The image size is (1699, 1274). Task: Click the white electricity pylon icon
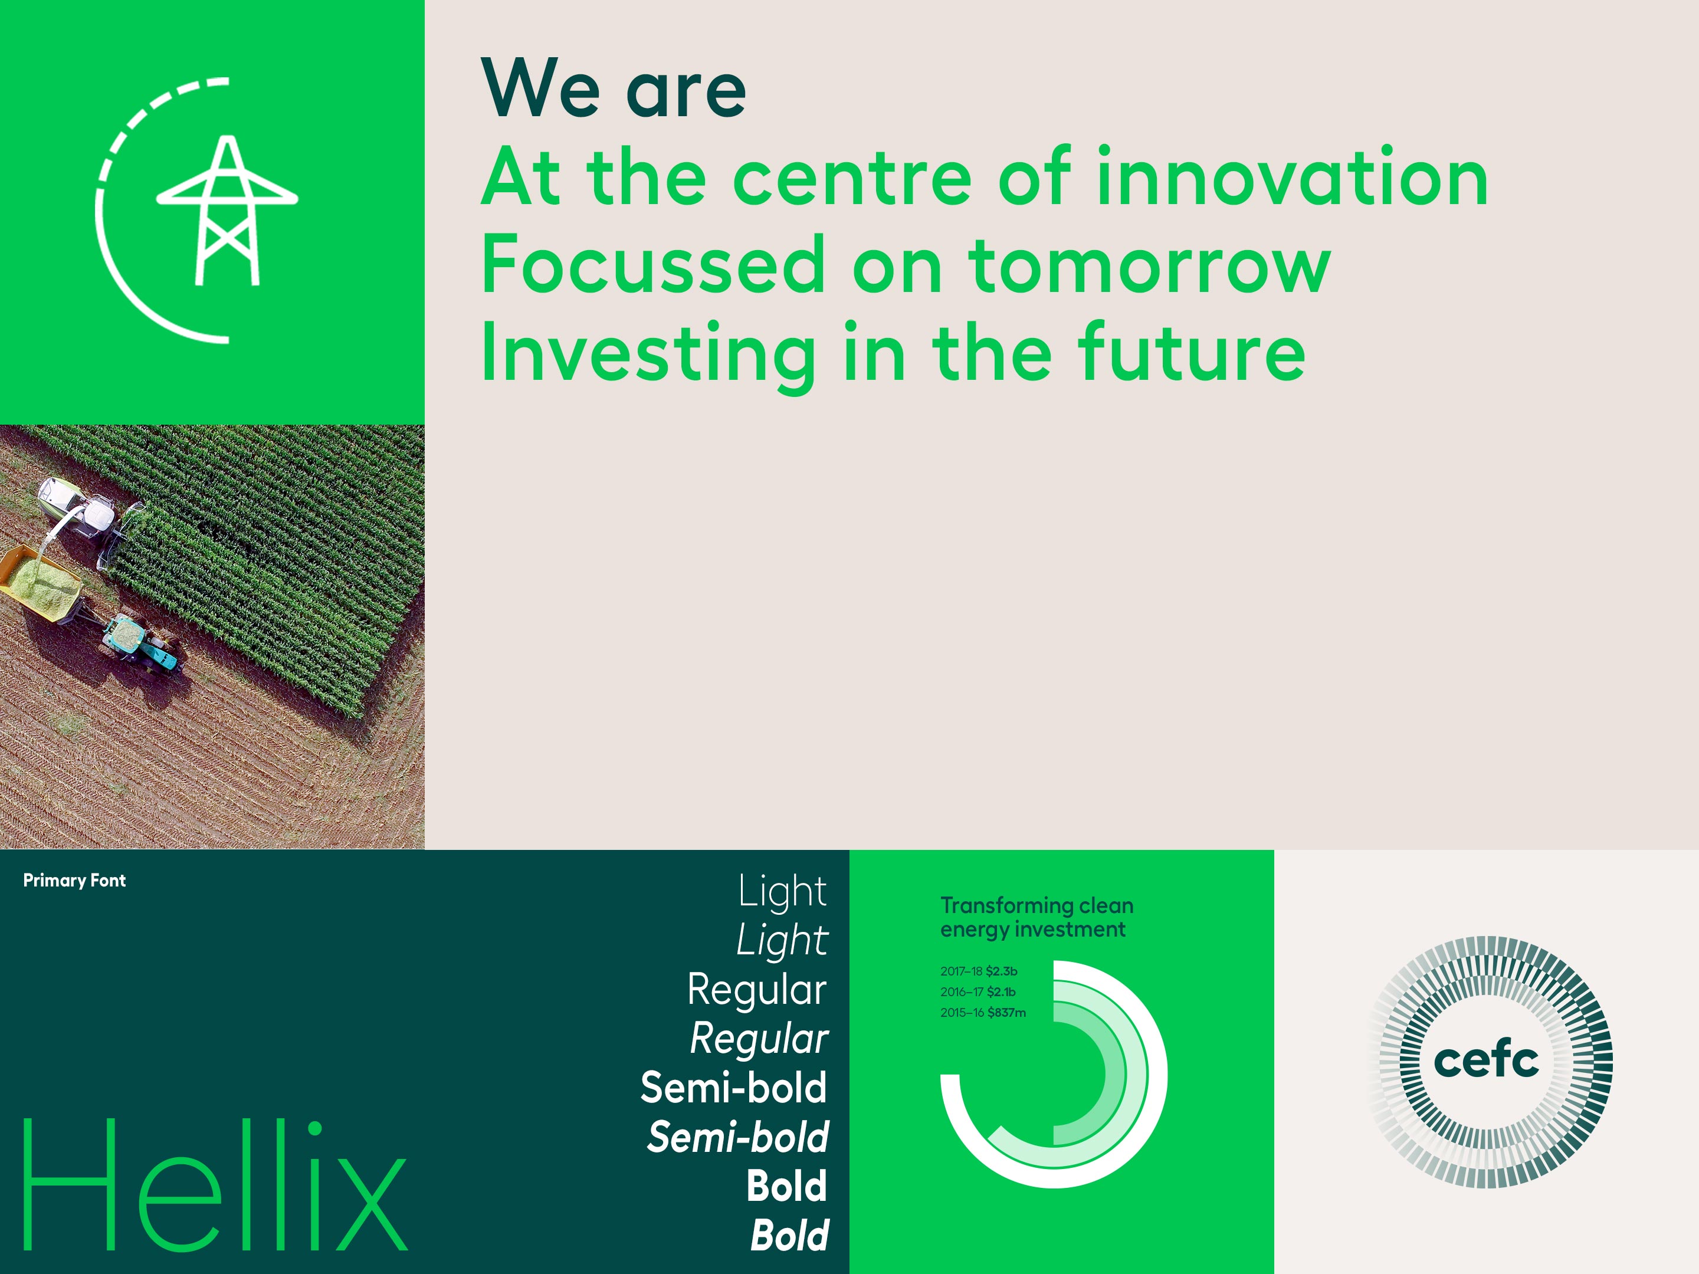(x=227, y=211)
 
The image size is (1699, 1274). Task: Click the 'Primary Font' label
(x=74, y=881)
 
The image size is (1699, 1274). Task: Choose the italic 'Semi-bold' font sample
(x=738, y=1137)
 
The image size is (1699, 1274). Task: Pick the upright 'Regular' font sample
(x=756, y=989)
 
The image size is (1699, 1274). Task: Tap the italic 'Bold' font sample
(x=789, y=1236)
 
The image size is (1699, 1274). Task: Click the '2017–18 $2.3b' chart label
(x=979, y=971)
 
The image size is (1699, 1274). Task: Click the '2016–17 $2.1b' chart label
(x=978, y=992)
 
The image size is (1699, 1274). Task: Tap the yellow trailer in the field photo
(x=40, y=582)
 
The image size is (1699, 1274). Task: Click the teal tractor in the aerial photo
(x=142, y=643)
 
